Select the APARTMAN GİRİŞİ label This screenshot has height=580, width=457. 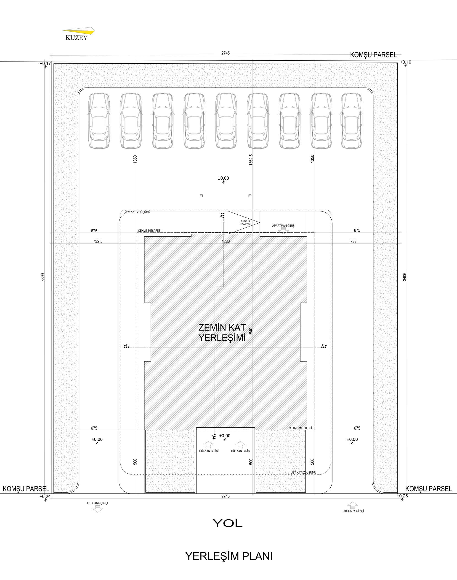(x=284, y=226)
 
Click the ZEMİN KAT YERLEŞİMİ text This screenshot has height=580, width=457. (x=222, y=333)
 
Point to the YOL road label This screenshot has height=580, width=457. (x=228, y=523)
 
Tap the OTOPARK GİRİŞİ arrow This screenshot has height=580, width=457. (x=353, y=505)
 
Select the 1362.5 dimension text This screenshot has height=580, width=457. (x=251, y=160)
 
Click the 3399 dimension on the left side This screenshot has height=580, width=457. (x=43, y=277)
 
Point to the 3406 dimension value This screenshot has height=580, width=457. (x=405, y=276)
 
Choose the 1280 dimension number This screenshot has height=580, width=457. (x=226, y=241)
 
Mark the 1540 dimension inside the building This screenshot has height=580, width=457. (x=251, y=332)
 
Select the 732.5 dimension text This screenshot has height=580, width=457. (x=98, y=241)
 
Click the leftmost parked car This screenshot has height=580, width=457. (x=99, y=121)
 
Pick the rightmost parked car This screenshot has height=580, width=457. (x=352, y=121)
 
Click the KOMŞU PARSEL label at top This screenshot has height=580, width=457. (x=373, y=55)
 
